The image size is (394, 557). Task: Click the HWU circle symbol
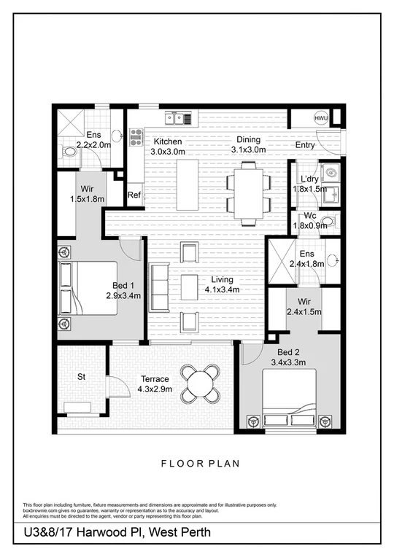tap(321, 118)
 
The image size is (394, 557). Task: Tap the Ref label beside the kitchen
tap(134, 195)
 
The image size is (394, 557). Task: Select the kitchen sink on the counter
tap(178, 117)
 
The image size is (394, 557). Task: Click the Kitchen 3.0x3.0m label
tap(166, 147)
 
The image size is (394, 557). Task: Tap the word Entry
tap(305, 145)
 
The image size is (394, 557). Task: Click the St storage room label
tap(82, 377)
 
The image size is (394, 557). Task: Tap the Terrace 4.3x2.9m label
tap(153, 384)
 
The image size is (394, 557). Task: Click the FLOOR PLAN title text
tap(196, 463)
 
